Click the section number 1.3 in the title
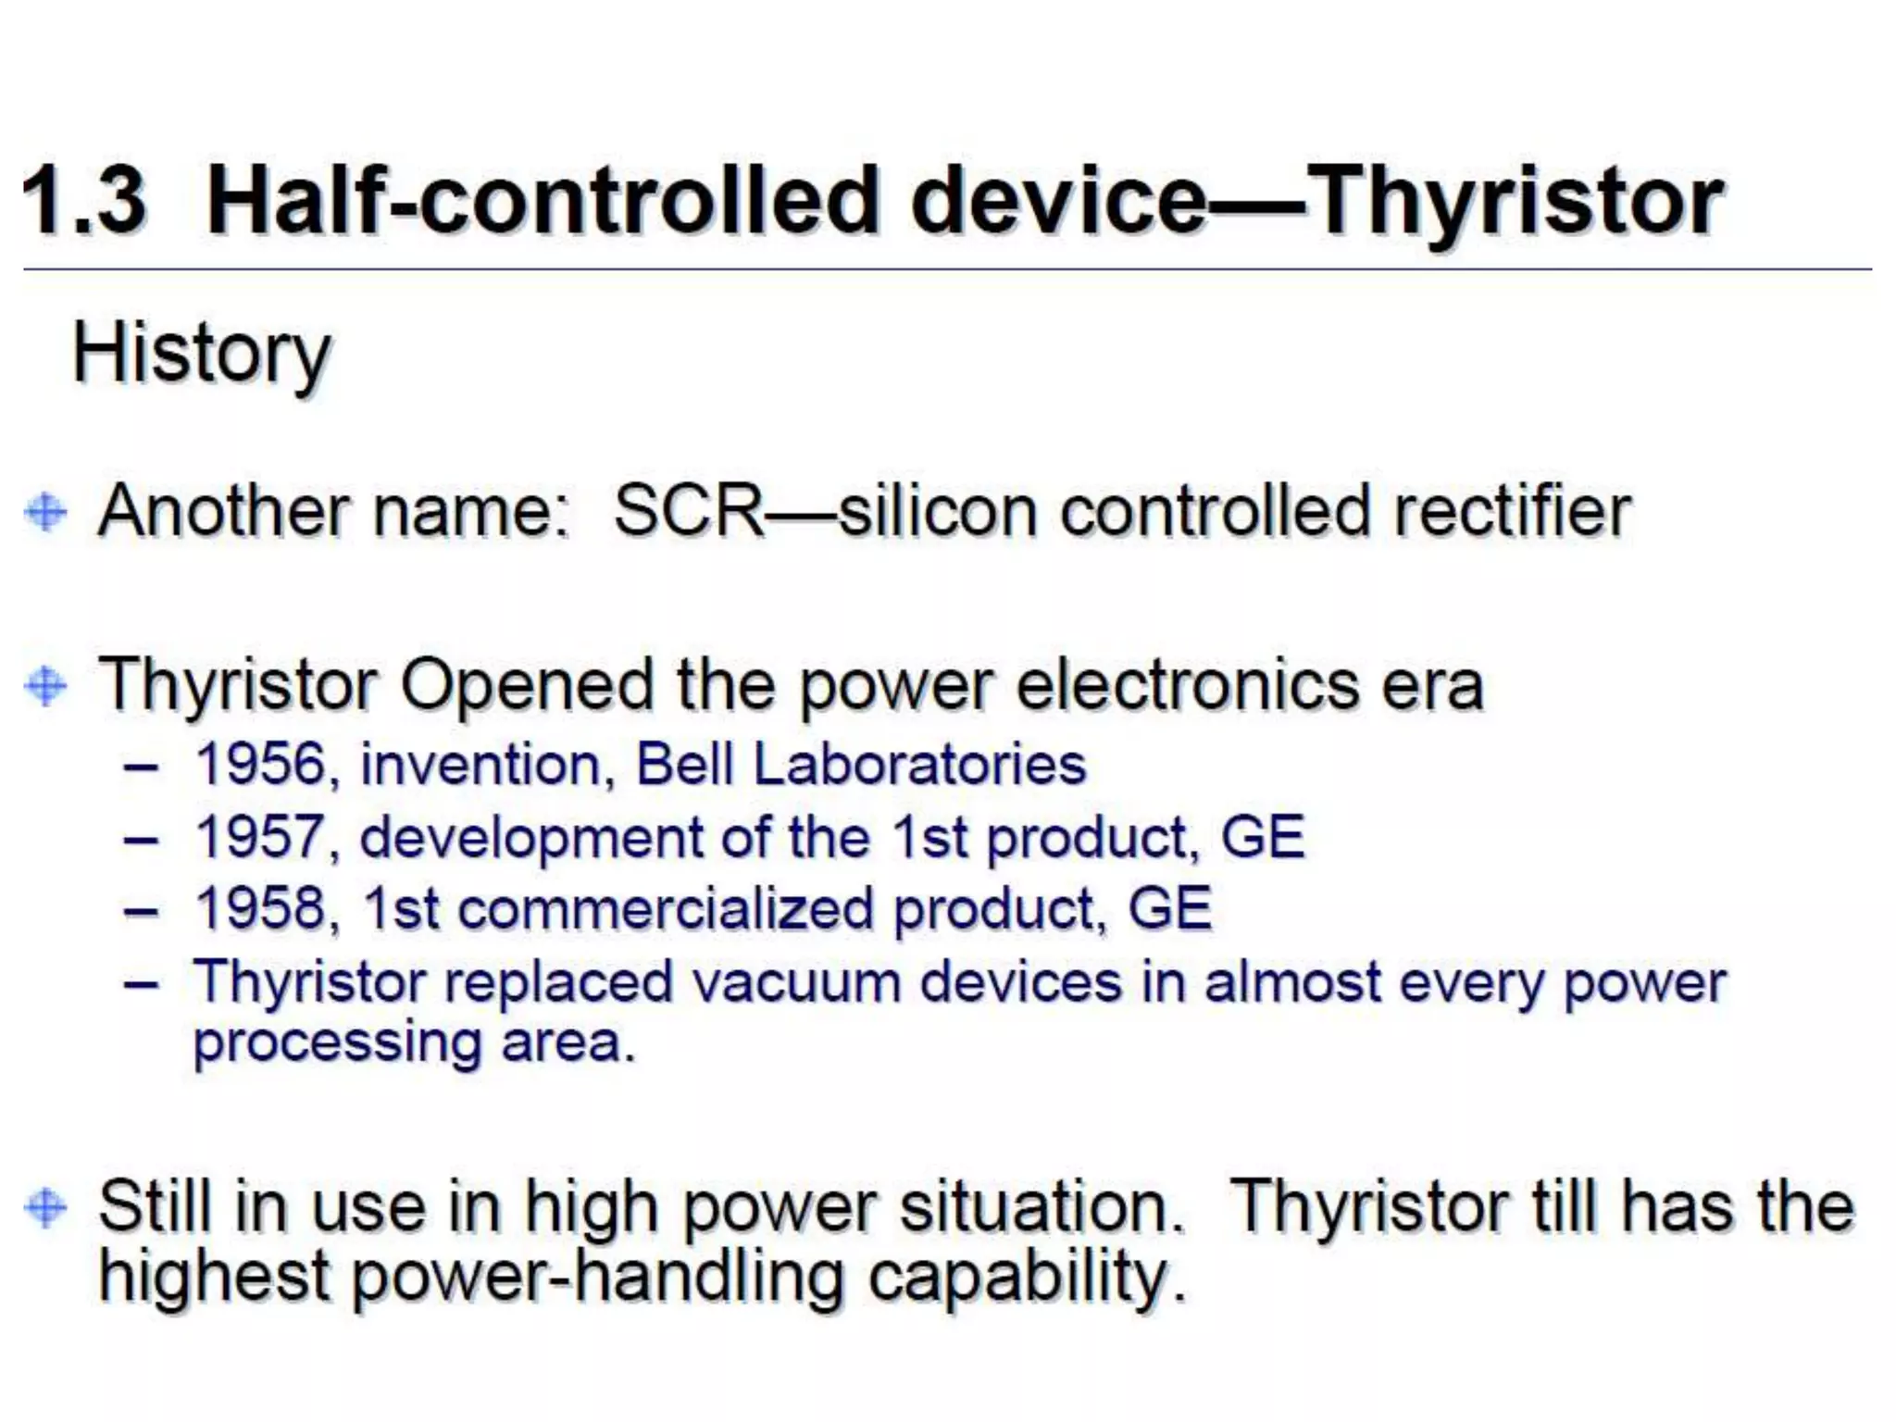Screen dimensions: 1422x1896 (x=85, y=201)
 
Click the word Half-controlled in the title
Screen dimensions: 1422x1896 (x=542, y=201)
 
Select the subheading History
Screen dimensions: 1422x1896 (x=201, y=355)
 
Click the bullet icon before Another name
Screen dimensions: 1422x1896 (x=46, y=512)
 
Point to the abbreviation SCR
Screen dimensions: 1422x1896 (x=690, y=511)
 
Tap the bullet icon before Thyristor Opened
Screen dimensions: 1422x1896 (x=46, y=686)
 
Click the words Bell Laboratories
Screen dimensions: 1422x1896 (x=861, y=766)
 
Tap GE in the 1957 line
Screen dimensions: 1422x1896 (x=1262, y=837)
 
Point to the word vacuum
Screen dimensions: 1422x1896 (x=796, y=981)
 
